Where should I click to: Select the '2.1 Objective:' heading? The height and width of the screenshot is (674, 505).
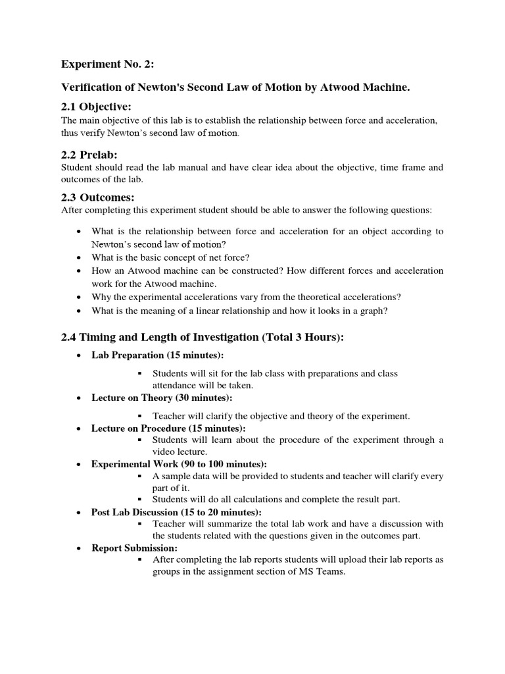pyautogui.click(x=96, y=107)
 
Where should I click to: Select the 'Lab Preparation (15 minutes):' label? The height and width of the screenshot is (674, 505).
pyautogui.click(x=158, y=355)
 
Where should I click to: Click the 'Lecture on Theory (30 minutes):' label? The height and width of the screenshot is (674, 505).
pyautogui.click(x=162, y=398)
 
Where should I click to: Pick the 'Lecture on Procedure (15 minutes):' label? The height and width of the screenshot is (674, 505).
pyautogui.click(x=168, y=428)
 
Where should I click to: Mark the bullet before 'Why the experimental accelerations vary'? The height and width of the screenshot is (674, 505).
pyautogui.click(x=79, y=297)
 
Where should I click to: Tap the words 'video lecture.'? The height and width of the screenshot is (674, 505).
pyautogui.click(x=180, y=452)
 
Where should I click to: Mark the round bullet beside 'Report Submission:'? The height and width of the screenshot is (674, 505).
pyautogui.click(x=79, y=548)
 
